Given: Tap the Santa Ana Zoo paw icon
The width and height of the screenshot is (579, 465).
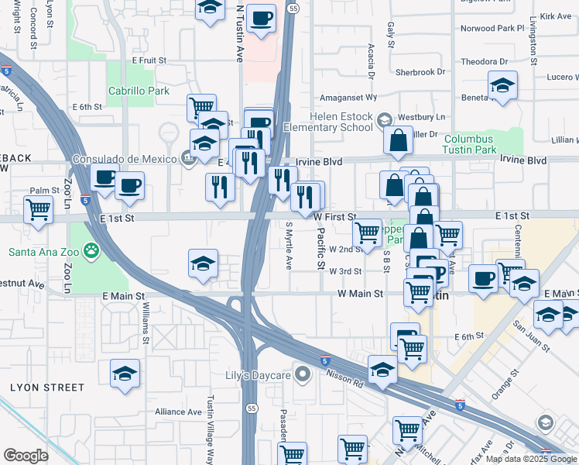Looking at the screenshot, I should (x=92, y=250).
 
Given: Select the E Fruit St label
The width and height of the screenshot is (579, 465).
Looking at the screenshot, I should (x=149, y=60).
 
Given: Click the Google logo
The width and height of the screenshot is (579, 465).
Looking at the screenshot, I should (x=26, y=455).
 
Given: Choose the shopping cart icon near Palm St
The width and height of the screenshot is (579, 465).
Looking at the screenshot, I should (x=38, y=209).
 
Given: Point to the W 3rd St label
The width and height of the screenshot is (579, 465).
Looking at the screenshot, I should (x=345, y=271).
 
